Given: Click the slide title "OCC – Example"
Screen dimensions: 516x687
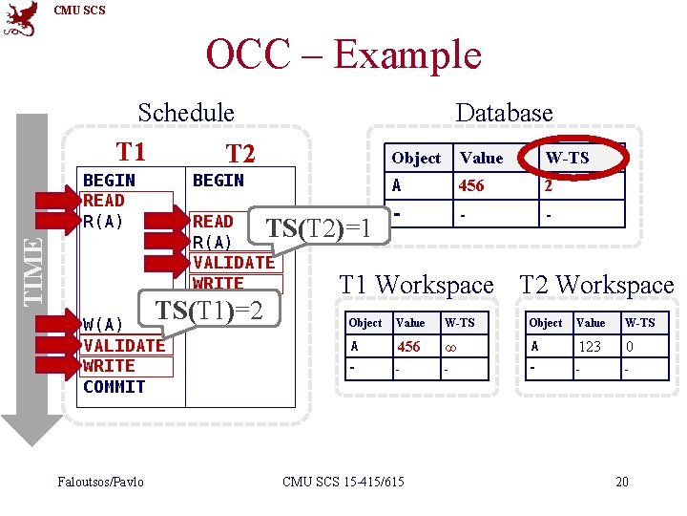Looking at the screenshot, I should [343, 54].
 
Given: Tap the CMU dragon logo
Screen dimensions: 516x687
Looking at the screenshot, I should [21, 18].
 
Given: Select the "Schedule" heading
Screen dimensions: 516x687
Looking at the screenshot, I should [186, 112].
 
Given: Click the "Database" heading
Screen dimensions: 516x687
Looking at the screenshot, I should [504, 112].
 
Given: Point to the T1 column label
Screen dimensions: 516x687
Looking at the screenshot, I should [131, 152].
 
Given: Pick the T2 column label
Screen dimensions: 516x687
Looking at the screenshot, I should [239, 154].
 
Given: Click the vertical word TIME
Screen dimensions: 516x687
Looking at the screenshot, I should [32, 270].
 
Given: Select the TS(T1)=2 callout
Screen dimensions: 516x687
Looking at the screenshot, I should [209, 311].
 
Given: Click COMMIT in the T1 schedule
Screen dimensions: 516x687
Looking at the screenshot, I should [114, 387].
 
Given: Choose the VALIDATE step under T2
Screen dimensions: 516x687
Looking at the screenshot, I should [233, 262].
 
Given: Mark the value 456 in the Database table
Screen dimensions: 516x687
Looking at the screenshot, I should [471, 186].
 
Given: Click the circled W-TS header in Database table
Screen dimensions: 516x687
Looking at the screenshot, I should [568, 158].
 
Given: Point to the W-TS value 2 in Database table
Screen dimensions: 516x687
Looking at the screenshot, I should [549, 186].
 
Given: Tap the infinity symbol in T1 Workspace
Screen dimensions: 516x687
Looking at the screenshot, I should [450, 347].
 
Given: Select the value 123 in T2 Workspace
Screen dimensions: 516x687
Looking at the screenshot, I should [590, 347].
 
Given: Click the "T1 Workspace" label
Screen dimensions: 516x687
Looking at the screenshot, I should [417, 285].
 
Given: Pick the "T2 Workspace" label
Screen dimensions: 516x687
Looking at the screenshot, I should [596, 285].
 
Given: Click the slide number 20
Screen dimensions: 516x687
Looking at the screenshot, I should [622, 482].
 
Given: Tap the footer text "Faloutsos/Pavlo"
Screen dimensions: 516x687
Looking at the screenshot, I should [100, 482].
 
